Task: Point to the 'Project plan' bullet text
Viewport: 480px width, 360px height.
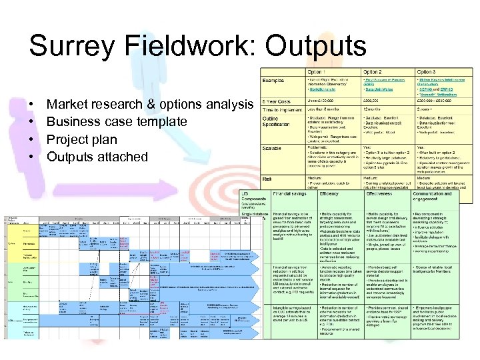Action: click(81, 139)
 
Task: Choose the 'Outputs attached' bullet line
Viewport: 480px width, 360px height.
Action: click(97, 157)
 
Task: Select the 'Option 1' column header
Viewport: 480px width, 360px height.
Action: click(315, 71)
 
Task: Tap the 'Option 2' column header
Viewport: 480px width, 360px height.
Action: click(373, 71)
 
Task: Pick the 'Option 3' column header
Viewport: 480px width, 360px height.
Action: click(427, 71)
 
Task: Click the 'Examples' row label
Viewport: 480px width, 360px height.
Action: click(273, 80)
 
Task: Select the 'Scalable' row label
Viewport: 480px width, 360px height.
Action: click(273, 149)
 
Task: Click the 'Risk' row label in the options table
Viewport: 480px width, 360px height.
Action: click(267, 179)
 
